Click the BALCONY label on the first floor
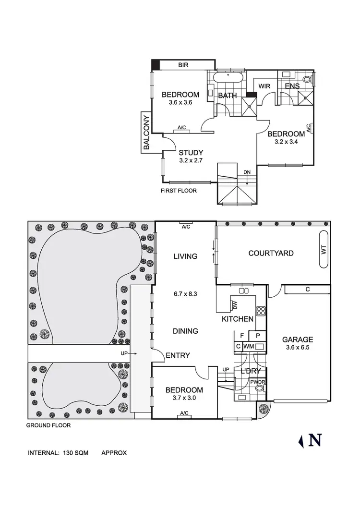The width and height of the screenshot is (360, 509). pos(146,133)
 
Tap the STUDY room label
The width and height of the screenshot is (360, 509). pos(178,153)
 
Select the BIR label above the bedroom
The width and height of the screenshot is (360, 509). pos(183,65)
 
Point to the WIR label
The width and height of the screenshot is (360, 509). pos(264,86)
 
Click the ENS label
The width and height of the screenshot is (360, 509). pos(292,86)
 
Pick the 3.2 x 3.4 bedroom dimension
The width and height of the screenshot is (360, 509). pos(286,142)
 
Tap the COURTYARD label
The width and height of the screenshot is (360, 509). pos(271,253)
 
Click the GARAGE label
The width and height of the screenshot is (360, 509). pos(298,339)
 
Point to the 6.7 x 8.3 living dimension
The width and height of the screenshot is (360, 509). pos(185,293)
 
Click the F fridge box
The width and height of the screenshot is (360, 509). pos(241,336)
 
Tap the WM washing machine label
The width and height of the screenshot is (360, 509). pos(248,346)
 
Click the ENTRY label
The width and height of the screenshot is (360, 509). pos(178,356)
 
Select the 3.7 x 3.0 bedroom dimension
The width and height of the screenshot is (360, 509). pos(184,398)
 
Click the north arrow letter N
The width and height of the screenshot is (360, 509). pos(315,440)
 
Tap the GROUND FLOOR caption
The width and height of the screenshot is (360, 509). pos(48,425)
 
